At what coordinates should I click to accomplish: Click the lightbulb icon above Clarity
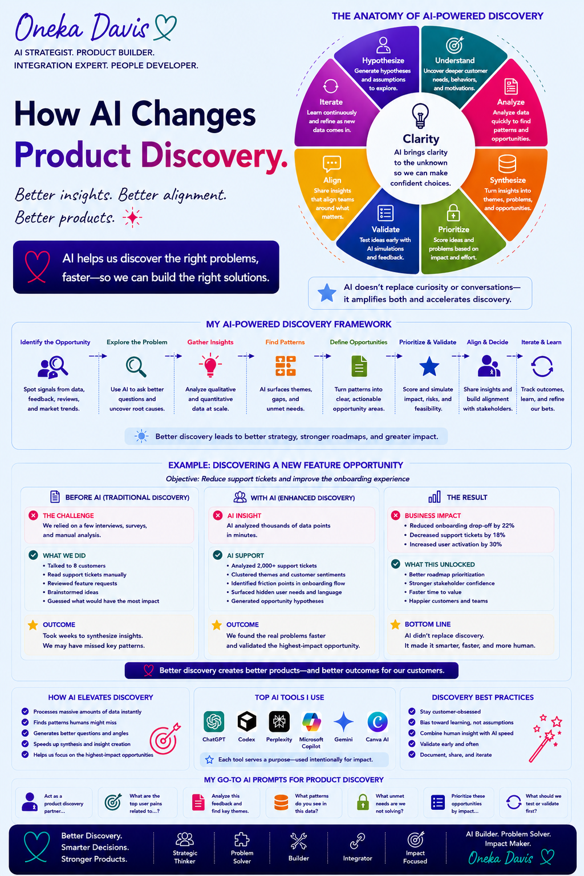click(x=420, y=115)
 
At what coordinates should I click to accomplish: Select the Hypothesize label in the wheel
click(x=383, y=60)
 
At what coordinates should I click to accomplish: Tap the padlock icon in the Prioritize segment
click(x=453, y=213)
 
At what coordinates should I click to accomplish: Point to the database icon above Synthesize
click(x=507, y=164)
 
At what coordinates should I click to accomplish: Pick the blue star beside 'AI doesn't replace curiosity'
click(x=327, y=293)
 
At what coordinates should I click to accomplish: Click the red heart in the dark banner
click(x=37, y=267)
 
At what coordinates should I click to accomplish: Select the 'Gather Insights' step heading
click(x=210, y=342)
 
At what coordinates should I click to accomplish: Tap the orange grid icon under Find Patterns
click(x=285, y=366)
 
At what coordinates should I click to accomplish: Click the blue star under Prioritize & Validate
click(x=429, y=366)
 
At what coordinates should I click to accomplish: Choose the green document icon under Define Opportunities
click(x=359, y=366)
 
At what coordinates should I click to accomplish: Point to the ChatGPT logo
click(x=214, y=721)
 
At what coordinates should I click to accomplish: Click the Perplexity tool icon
click(x=279, y=721)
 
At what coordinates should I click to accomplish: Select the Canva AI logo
click(x=377, y=721)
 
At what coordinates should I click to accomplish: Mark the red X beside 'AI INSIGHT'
click(x=218, y=515)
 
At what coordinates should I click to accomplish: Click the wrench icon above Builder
click(x=299, y=841)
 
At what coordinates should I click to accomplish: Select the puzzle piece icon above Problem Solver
click(x=242, y=840)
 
